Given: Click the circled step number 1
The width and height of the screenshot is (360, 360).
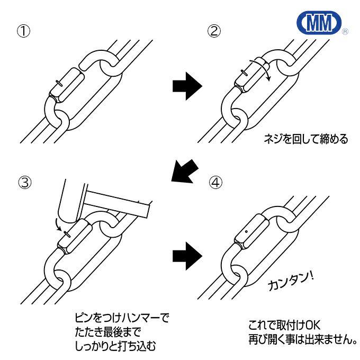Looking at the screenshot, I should (x=23, y=31).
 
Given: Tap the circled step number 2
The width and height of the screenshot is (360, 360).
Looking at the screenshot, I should (x=213, y=31).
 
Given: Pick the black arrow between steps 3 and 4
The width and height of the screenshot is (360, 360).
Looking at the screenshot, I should (x=187, y=255).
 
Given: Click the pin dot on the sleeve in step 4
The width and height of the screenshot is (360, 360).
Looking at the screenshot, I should (x=247, y=231).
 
